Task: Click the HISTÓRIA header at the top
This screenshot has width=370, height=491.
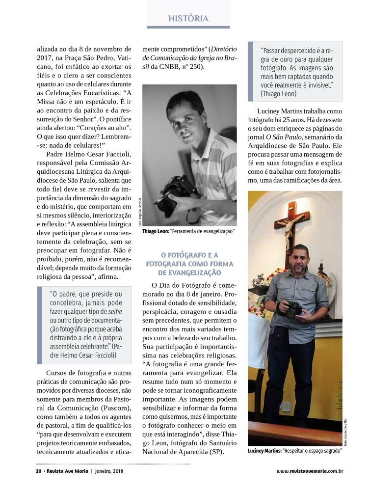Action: point(188,19)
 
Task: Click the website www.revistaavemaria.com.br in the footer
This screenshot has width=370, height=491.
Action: point(309,471)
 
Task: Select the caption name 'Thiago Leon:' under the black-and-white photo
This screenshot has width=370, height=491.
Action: point(156,231)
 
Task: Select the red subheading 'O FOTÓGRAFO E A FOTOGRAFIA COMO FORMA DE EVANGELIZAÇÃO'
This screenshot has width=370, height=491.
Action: point(189,264)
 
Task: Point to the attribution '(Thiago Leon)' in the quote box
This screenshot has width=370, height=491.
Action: point(278,93)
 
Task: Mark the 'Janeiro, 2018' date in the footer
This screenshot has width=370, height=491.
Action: point(113,471)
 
